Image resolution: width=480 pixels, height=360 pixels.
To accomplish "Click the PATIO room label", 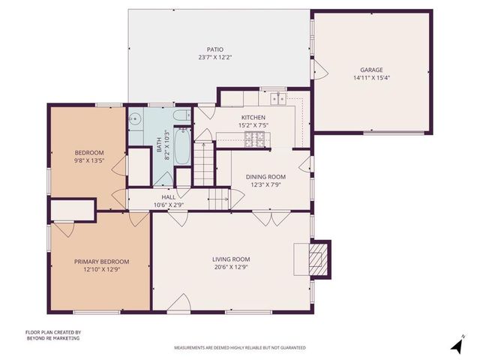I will [216, 49].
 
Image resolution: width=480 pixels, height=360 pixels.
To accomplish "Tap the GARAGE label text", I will [371, 69].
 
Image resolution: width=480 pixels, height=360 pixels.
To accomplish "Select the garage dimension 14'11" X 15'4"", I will [371, 77].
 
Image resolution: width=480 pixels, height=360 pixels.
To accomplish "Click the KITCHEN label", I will [253, 118].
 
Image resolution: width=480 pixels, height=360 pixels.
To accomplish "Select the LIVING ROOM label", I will [230, 259].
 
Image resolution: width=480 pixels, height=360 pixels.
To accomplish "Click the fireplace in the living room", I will [319, 259].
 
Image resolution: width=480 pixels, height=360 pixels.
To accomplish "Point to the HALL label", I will [168, 196].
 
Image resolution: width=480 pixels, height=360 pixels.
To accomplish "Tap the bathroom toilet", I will [135, 118].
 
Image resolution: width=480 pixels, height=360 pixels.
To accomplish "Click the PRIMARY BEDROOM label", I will [101, 261].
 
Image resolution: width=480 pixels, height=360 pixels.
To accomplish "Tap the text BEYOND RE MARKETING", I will [52, 338].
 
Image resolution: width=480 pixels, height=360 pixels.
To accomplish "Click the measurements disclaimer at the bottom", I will [240, 348].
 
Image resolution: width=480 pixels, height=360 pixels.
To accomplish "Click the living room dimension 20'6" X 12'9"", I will [230, 268].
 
